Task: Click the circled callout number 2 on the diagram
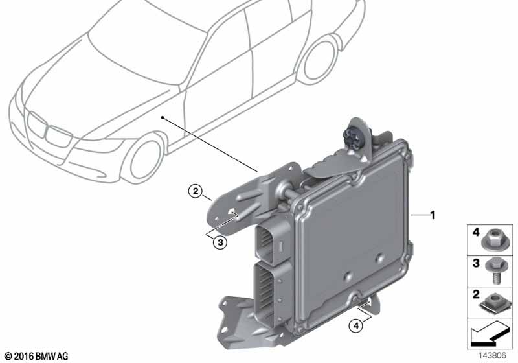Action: (196, 191)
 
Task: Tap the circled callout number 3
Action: (220, 242)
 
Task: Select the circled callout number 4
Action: (355, 326)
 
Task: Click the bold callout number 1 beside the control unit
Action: (432, 215)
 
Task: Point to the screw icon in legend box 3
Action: (495, 270)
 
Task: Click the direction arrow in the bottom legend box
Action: (489, 334)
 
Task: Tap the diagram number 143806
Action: (492, 356)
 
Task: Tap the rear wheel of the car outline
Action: (319, 60)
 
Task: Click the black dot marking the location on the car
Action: (163, 117)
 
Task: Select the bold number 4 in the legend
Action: (476, 233)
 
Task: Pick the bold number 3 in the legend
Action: (476, 263)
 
